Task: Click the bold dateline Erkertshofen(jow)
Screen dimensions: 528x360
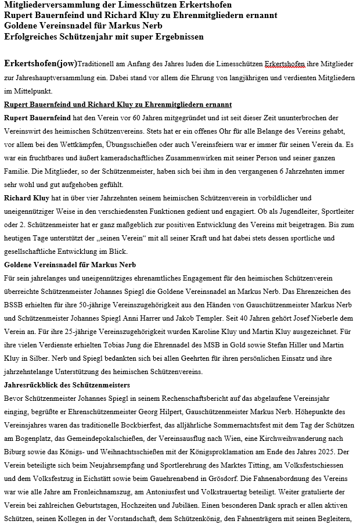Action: tap(40, 63)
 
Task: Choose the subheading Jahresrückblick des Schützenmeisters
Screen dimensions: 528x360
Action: tap(67, 385)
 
